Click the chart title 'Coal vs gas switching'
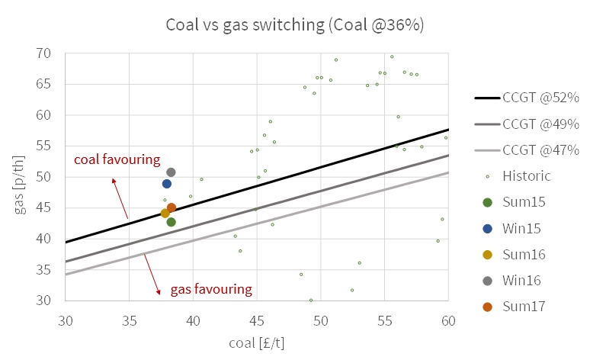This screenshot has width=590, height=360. (x=295, y=24)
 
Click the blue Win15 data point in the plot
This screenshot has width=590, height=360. (x=167, y=184)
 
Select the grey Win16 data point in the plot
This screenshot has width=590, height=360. (x=171, y=172)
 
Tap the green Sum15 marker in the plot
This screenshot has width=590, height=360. (x=171, y=222)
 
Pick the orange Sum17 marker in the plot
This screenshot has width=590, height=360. (x=172, y=207)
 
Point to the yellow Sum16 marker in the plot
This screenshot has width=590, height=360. (x=165, y=214)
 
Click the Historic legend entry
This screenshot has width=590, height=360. (x=526, y=176)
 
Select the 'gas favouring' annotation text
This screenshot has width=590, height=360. (x=210, y=289)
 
